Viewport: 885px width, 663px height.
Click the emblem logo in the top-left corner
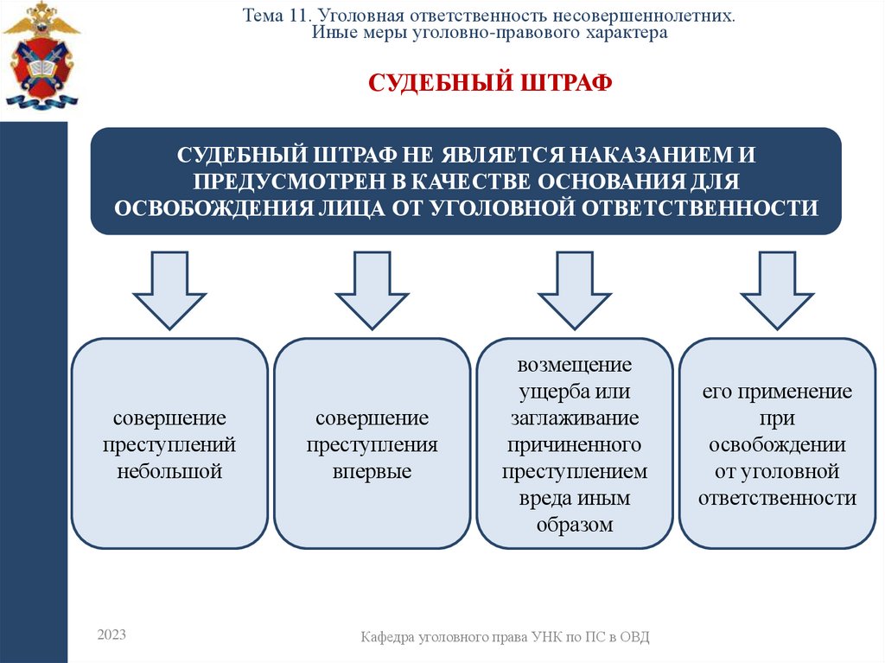click(x=41, y=54)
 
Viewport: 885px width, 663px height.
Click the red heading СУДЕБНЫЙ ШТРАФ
click(x=491, y=83)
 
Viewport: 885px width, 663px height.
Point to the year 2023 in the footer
click(x=111, y=635)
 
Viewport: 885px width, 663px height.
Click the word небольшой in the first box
click(x=169, y=472)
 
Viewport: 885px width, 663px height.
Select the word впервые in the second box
click(x=372, y=472)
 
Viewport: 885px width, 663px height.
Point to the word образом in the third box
click(x=575, y=525)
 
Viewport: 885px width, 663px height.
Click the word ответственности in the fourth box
click(x=777, y=499)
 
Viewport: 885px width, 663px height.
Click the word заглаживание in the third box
click(x=575, y=418)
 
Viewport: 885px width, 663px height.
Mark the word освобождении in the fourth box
click(x=777, y=445)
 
